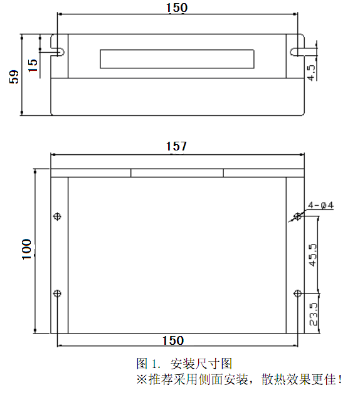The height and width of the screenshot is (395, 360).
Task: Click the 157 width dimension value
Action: point(176,146)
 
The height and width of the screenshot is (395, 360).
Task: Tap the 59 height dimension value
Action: point(13,75)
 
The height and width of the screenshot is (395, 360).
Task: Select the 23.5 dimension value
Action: point(313,313)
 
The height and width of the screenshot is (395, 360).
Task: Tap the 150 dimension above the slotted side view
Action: point(176,8)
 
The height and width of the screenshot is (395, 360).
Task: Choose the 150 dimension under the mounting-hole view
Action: point(172,340)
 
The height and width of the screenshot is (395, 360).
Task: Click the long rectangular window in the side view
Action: point(177,59)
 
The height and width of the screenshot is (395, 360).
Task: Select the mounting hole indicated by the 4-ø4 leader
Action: point(297,217)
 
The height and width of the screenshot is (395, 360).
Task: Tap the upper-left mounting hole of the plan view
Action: point(58,217)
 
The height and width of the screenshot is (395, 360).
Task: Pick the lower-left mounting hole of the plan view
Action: point(58,293)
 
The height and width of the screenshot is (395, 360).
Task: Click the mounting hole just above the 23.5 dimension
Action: point(297,293)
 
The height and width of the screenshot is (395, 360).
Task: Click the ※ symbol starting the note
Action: point(142,379)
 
